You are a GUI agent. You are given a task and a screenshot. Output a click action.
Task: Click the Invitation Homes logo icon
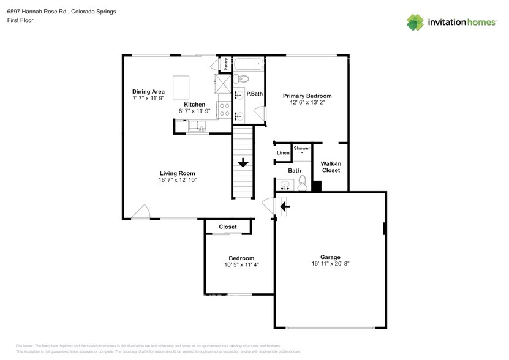(x=415, y=22)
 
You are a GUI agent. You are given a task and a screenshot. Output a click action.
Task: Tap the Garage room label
(x=330, y=257)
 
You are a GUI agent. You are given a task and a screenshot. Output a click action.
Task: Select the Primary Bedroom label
(x=307, y=96)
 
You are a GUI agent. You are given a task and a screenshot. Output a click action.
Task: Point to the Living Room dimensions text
(x=178, y=180)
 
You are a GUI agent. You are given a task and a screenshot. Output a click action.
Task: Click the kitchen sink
(x=198, y=127)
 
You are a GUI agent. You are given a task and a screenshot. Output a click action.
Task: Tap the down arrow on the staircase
(x=243, y=163)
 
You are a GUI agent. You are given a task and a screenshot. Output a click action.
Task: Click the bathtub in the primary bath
(x=249, y=63)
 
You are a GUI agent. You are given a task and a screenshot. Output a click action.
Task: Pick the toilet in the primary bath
(x=243, y=78)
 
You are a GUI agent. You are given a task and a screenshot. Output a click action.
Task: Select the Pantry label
(x=226, y=65)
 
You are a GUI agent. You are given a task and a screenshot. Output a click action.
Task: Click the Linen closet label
(x=283, y=153)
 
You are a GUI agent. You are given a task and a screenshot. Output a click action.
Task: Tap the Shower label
(x=302, y=148)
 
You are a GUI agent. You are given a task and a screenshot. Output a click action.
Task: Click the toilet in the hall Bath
(x=302, y=182)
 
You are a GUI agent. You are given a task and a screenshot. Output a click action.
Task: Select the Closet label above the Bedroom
(x=228, y=227)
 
